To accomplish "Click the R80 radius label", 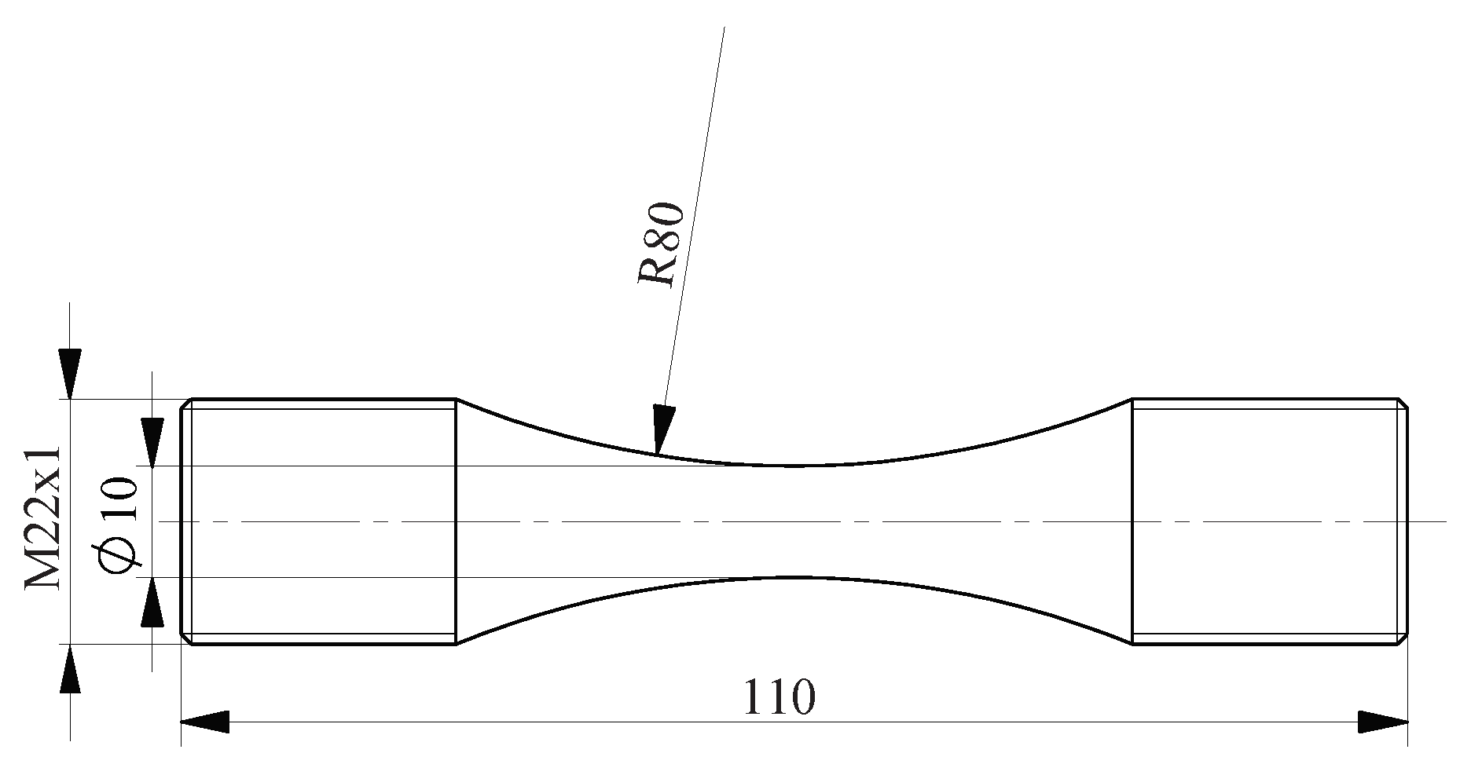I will [660, 245].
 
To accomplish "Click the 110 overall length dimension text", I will [779, 696].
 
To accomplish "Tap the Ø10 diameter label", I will [119, 522].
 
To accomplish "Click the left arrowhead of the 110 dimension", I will [204, 722].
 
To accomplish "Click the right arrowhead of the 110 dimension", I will [1383, 722].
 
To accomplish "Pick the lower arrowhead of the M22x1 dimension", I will [71, 668].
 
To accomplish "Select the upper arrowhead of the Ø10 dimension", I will [152, 443].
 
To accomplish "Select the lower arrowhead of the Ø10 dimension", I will [152, 602].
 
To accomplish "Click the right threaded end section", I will [1267, 521].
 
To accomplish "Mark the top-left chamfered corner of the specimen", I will [187, 404].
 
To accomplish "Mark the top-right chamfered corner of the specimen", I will [1403, 404].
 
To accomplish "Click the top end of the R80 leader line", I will [724, 28].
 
